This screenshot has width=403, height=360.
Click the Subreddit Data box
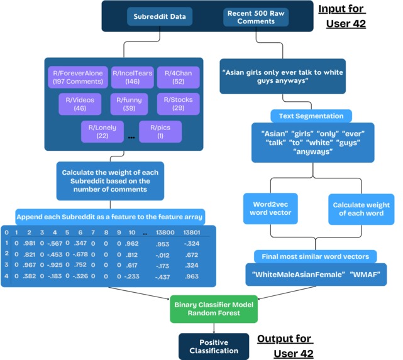coord(160,17)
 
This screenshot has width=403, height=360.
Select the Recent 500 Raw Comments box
coord(255,17)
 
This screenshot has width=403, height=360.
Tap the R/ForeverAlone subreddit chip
coord(77,77)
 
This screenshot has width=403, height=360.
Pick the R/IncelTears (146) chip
coord(131,77)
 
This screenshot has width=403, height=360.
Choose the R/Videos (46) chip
coord(80,104)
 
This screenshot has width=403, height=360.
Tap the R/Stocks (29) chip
coord(178,104)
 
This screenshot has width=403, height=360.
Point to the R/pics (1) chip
coord(160,131)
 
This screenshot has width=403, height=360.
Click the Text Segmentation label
coord(311,116)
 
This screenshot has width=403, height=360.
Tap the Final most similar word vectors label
coord(316,256)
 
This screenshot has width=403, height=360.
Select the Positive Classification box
coord(214,346)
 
